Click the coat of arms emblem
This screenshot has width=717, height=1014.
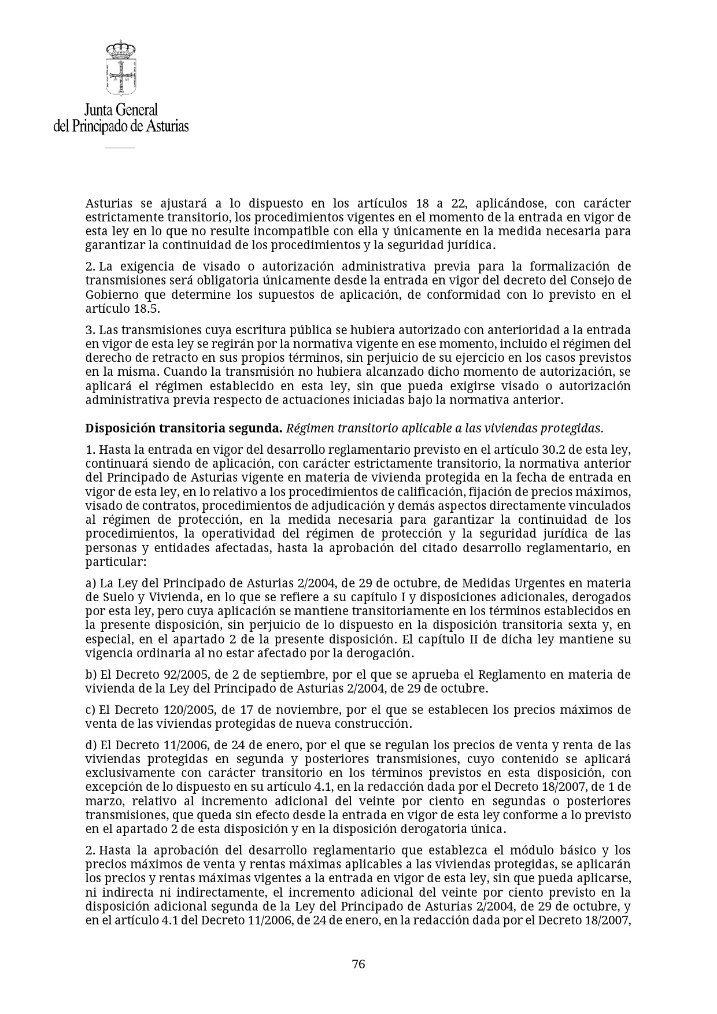(120, 68)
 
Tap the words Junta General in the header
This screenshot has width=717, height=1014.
(121, 110)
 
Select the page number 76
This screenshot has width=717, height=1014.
(358, 964)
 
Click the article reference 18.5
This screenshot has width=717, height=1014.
(145, 309)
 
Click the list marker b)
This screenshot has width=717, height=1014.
(91, 675)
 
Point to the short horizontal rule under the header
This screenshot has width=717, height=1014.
(120, 147)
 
